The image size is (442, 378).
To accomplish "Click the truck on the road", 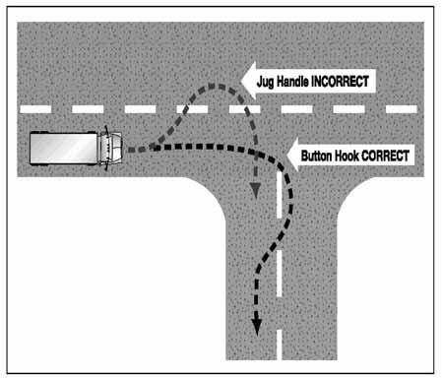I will tap(73, 149).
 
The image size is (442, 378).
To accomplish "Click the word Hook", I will tap(351, 155).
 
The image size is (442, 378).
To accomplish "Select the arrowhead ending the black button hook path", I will tap(259, 327).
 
